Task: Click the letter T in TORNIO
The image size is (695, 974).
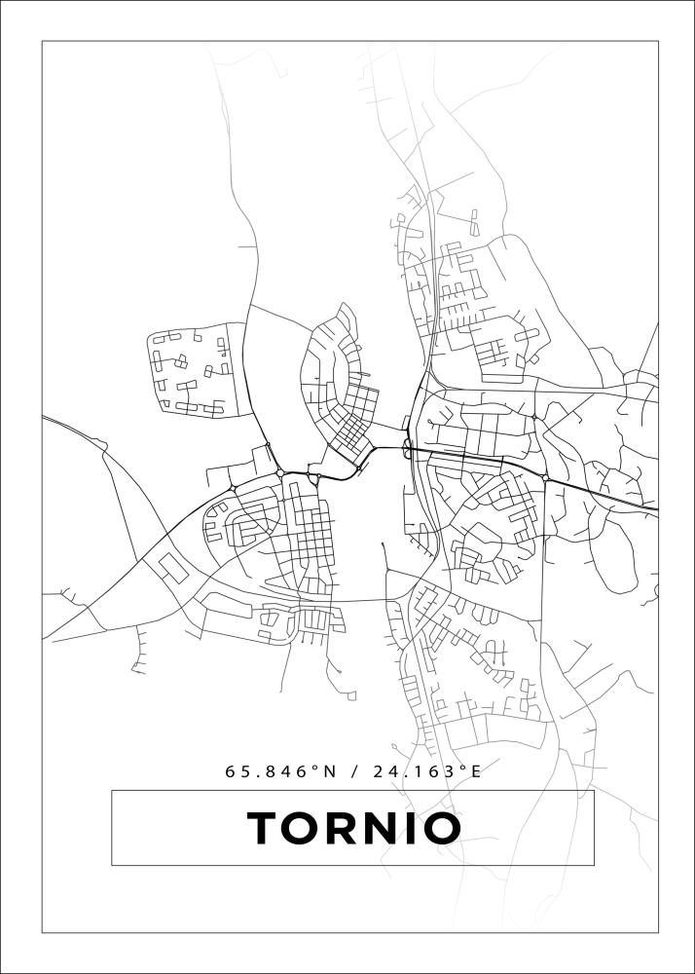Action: pos(265,829)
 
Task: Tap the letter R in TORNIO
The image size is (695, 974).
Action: pos(347,829)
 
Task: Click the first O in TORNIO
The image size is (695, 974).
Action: pos(306,829)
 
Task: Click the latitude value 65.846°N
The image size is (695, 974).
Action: pos(280,771)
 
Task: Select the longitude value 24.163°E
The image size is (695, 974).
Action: pos(429,771)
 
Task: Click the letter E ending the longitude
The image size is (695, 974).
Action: pos(476,771)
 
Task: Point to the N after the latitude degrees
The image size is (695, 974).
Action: pos(329,771)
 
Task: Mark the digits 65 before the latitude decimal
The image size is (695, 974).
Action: pos(238,771)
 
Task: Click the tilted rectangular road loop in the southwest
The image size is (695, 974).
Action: pos(173,567)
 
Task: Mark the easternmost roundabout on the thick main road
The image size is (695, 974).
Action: pos(546,478)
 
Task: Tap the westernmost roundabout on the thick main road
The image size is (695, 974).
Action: pos(232,488)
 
